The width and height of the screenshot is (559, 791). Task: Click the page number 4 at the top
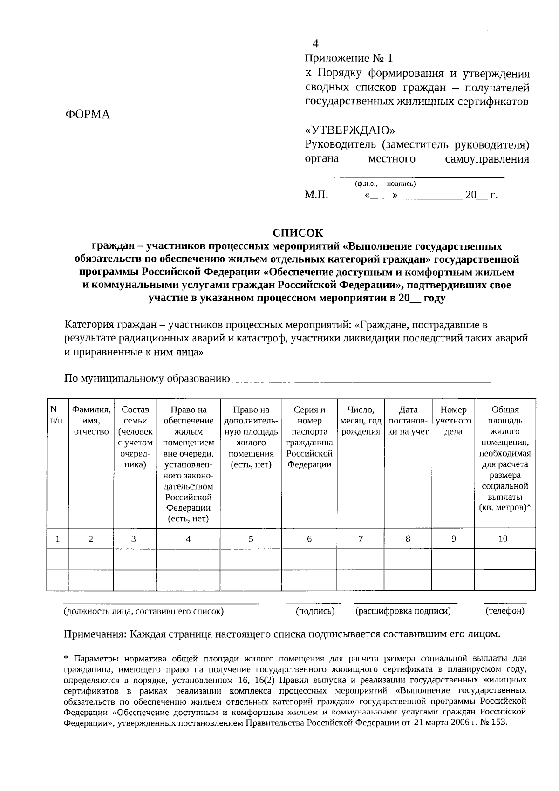[315, 44]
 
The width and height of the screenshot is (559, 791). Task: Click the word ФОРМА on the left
[88, 115]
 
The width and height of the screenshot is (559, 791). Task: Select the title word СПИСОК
[297, 232]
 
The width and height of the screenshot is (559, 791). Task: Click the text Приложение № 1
[348, 59]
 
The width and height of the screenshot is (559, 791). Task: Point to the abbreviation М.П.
[316, 195]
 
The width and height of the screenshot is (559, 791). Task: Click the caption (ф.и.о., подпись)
[385, 184]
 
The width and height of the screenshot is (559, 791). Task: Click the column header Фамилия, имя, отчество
[91, 421]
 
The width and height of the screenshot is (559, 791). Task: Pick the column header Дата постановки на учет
[408, 421]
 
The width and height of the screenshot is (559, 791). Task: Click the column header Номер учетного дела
[453, 421]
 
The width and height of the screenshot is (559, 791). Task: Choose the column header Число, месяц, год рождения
[361, 421]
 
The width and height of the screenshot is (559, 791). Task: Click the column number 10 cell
[503, 539]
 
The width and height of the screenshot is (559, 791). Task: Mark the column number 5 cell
[251, 539]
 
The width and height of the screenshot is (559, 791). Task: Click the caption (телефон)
[505, 611]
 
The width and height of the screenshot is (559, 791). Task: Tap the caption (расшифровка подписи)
[403, 611]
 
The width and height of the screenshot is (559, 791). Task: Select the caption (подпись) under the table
[315, 611]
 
